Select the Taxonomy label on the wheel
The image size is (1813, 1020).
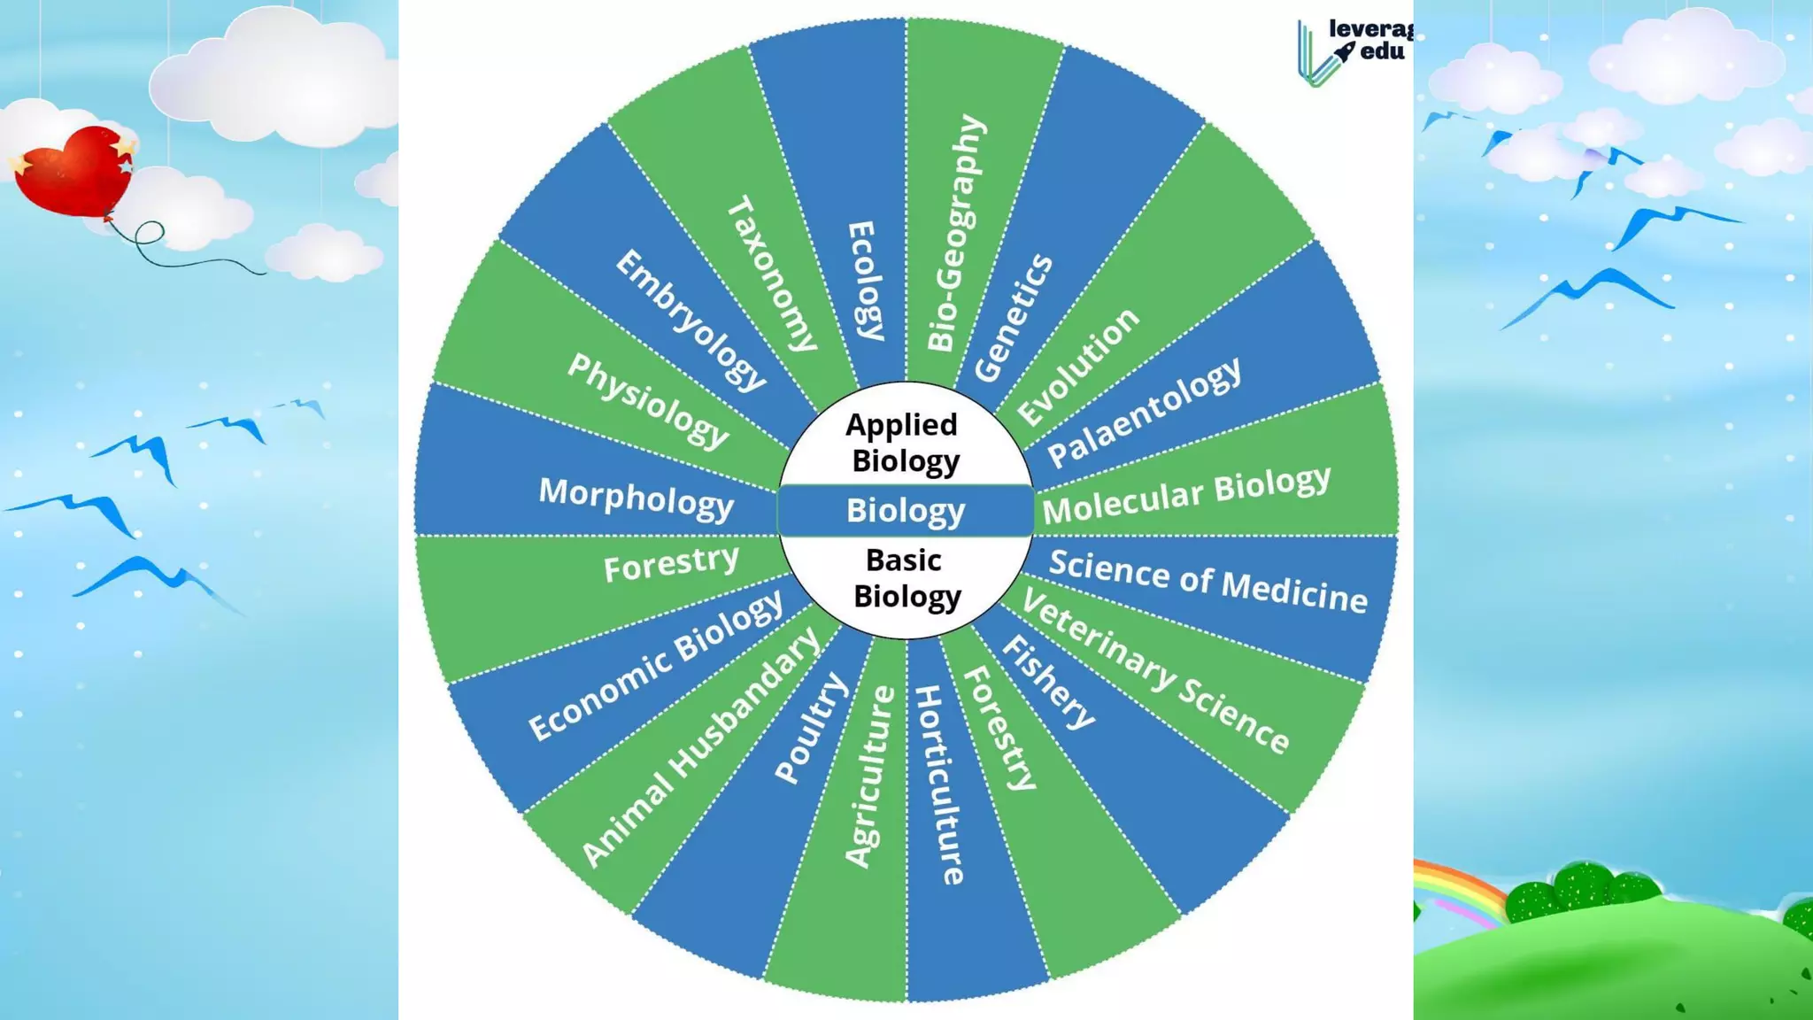click(772, 274)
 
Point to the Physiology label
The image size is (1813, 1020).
click(648, 400)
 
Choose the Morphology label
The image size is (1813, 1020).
click(636, 498)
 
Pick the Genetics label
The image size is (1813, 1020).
click(1014, 318)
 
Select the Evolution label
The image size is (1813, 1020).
click(1078, 367)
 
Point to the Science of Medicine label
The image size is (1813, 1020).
click(1208, 581)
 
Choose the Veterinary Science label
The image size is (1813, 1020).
click(1155, 672)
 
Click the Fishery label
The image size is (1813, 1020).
click(1049, 682)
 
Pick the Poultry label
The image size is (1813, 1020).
click(810, 728)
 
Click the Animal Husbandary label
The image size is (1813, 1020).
click(701, 747)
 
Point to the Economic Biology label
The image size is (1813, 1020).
click(656, 665)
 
